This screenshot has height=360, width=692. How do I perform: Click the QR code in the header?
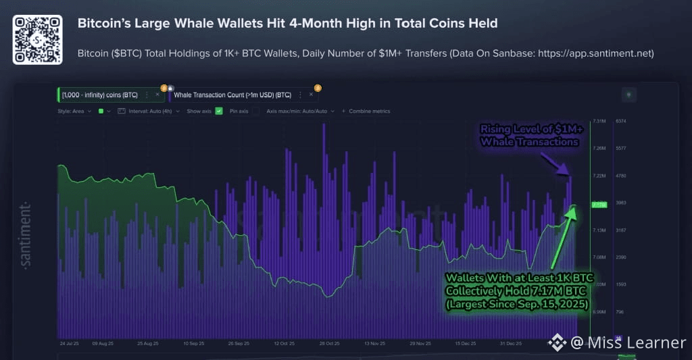(37, 40)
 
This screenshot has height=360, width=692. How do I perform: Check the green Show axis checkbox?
(219, 111)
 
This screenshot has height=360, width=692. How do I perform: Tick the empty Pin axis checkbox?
(255, 111)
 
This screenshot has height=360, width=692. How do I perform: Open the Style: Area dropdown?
(74, 111)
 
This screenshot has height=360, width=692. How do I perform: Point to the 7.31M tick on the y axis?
(599, 121)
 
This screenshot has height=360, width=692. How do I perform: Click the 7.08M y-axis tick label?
(599, 257)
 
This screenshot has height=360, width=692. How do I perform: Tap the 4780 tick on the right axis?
(621, 176)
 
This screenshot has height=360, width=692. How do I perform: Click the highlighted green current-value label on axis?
(599, 204)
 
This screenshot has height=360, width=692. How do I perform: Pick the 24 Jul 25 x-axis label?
(70, 343)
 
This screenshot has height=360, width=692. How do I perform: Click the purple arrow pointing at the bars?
(559, 164)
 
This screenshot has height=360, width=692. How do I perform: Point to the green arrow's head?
(574, 210)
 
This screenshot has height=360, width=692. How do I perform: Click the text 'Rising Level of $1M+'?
(528, 129)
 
